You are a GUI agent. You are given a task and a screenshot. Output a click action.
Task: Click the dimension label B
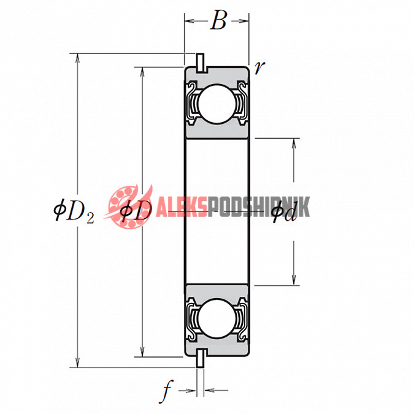click(x=218, y=20)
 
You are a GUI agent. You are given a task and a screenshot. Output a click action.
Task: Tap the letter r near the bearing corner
click(x=259, y=67)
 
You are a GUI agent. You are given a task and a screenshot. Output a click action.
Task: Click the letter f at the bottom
click(x=166, y=391)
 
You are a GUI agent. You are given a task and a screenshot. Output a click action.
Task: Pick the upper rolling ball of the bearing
click(x=217, y=104)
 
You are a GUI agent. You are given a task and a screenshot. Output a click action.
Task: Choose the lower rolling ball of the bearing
click(x=217, y=319)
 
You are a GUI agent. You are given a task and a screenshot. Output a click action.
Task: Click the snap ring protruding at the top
click(x=200, y=63)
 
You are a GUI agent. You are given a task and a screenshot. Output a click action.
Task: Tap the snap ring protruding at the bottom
click(x=200, y=358)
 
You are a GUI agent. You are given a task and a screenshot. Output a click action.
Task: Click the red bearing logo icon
click(x=127, y=207)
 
